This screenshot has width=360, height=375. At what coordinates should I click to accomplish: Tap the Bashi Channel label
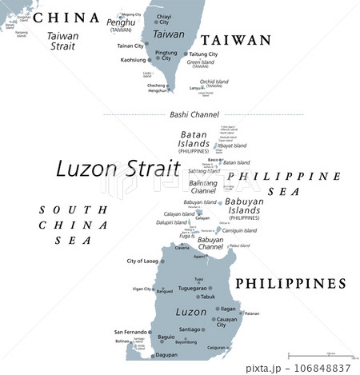pos(190,114)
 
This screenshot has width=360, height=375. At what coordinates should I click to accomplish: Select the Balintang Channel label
pos(203,187)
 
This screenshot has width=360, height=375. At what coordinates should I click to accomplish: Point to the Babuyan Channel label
pos(210,243)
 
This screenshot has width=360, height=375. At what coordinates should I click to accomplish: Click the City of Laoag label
pos(143,261)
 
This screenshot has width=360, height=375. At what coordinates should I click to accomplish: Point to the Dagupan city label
pos(166,354)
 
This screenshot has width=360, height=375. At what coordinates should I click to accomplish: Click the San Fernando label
pos(130,331)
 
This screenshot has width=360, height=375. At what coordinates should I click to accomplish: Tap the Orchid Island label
pos(214,82)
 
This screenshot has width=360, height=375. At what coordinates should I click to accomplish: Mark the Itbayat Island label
pos(232,146)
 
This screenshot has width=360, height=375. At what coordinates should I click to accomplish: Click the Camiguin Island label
pos(239,230)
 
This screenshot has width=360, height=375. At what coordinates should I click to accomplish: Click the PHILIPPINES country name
pos(290,284)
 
